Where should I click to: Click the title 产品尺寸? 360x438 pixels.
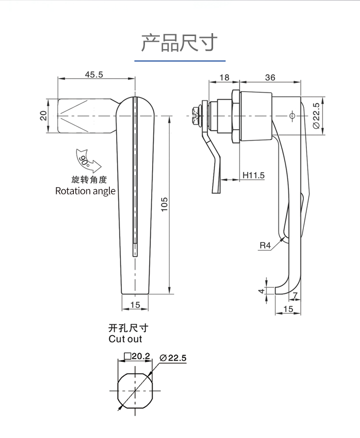point(180,43)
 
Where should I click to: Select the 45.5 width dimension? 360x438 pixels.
point(94,74)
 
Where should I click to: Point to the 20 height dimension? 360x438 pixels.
point(43,116)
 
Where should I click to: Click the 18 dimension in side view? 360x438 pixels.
point(224,77)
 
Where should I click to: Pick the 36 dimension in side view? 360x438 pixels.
point(270,77)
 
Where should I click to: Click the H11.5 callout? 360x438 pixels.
point(253,175)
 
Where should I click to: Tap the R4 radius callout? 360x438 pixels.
point(265,245)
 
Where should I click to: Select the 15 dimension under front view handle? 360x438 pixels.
point(135,304)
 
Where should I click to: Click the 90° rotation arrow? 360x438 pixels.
point(86,160)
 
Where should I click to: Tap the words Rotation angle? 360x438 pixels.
point(85,191)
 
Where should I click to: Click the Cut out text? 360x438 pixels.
point(125,339)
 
